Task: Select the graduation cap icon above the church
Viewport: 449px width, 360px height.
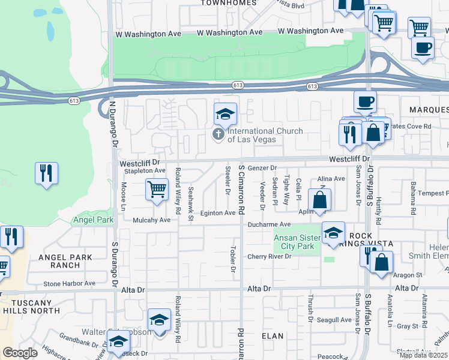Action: (x=225, y=114)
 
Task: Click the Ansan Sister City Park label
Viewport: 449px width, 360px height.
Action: (x=294, y=242)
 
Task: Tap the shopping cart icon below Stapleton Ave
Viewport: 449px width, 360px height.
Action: (x=157, y=190)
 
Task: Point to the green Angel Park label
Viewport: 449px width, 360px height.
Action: (x=93, y=220)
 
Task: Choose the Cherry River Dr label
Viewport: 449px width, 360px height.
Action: (x=270, y=256)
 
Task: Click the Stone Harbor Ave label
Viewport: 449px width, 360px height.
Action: (x=69, y=283)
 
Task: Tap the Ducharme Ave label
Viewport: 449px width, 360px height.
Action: (x=270, y=224)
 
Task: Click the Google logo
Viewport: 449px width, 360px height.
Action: (x=20, y=353)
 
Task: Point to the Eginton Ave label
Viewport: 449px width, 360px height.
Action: (x=218, y=213)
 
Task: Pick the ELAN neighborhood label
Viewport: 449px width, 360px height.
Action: (x=273, y=337)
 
